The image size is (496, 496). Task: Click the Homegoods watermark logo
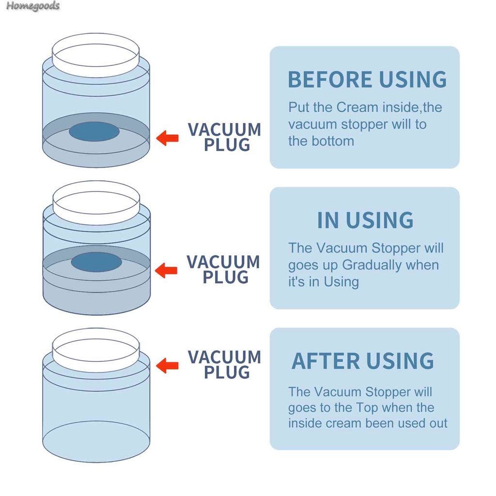(33, 6)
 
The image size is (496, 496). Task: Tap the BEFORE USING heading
(367, 80)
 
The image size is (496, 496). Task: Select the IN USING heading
(365, 220)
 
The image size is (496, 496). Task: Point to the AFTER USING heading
(363, 361)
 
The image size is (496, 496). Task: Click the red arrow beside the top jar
(168, 138)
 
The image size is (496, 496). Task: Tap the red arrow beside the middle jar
(166, 270)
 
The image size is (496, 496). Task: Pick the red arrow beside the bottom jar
(168, 365)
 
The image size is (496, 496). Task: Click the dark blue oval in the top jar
(94, 131)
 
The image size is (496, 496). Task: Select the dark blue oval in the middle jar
(96, 262)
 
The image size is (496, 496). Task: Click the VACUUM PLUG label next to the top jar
(224, 137)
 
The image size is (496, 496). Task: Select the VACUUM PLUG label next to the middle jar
(224, 269)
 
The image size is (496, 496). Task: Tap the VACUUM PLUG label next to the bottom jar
(224, 365)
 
